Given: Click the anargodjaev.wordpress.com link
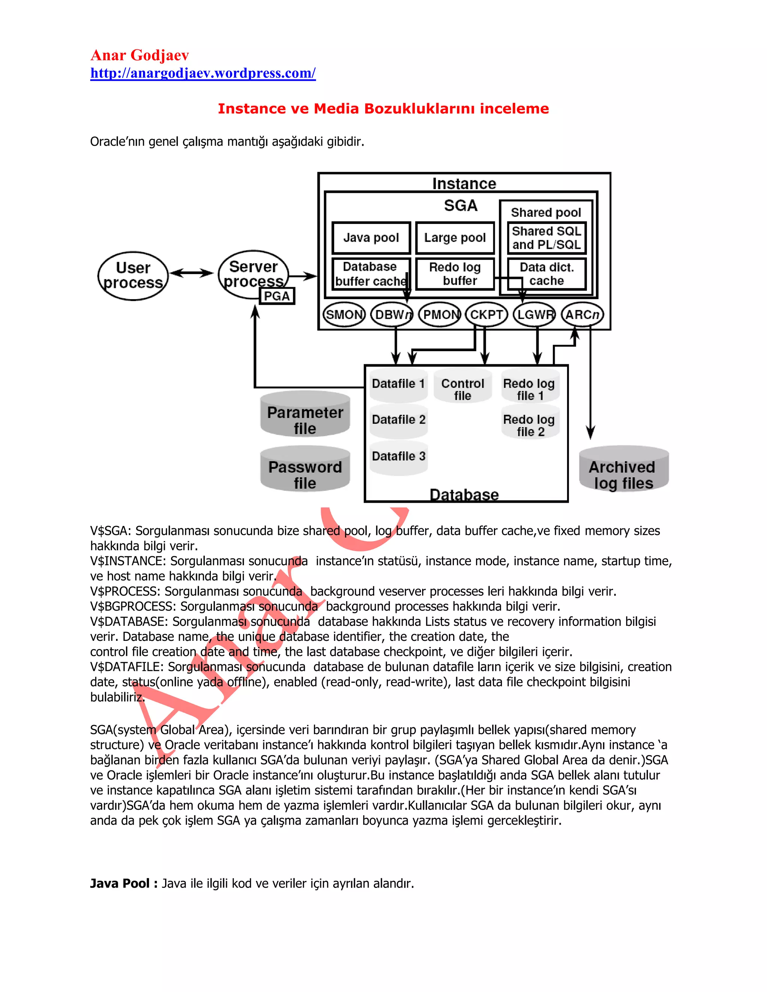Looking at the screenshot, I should (203, 73).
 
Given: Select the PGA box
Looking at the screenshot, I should (277, 296).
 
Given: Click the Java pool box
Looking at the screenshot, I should (371, 238).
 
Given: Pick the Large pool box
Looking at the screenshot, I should (455, 238).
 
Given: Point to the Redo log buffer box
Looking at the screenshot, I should (455, 274).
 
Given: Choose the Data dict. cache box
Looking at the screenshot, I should (547, 274).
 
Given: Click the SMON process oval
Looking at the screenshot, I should (344, 314).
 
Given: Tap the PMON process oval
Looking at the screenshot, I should (439, 314).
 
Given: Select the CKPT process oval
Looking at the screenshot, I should (486, 314).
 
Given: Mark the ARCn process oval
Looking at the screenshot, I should (582, 314).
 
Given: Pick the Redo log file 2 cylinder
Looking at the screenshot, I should (530, 423).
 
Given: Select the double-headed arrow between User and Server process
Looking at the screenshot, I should (191, 273).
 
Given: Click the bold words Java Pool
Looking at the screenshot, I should (119, 883).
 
